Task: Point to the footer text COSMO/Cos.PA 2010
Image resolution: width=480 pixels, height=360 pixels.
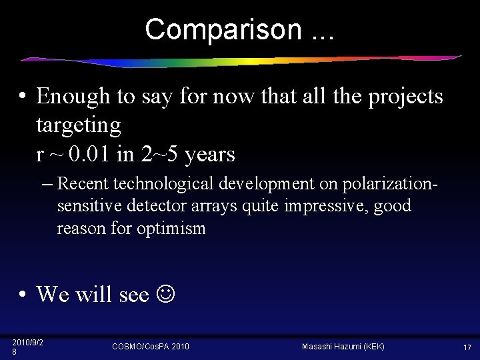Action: (x=151, y=347)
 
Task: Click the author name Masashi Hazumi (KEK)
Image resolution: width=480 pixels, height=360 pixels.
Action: (x=343, y=347)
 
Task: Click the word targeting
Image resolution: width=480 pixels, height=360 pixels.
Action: (x=78, y=126)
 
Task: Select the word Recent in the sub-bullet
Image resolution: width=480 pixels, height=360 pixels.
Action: (x=83, y=183)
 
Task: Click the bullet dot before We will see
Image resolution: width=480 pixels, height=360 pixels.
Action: (x=23, y=294)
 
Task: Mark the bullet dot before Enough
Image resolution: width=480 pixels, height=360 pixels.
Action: (x=23, y=97)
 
